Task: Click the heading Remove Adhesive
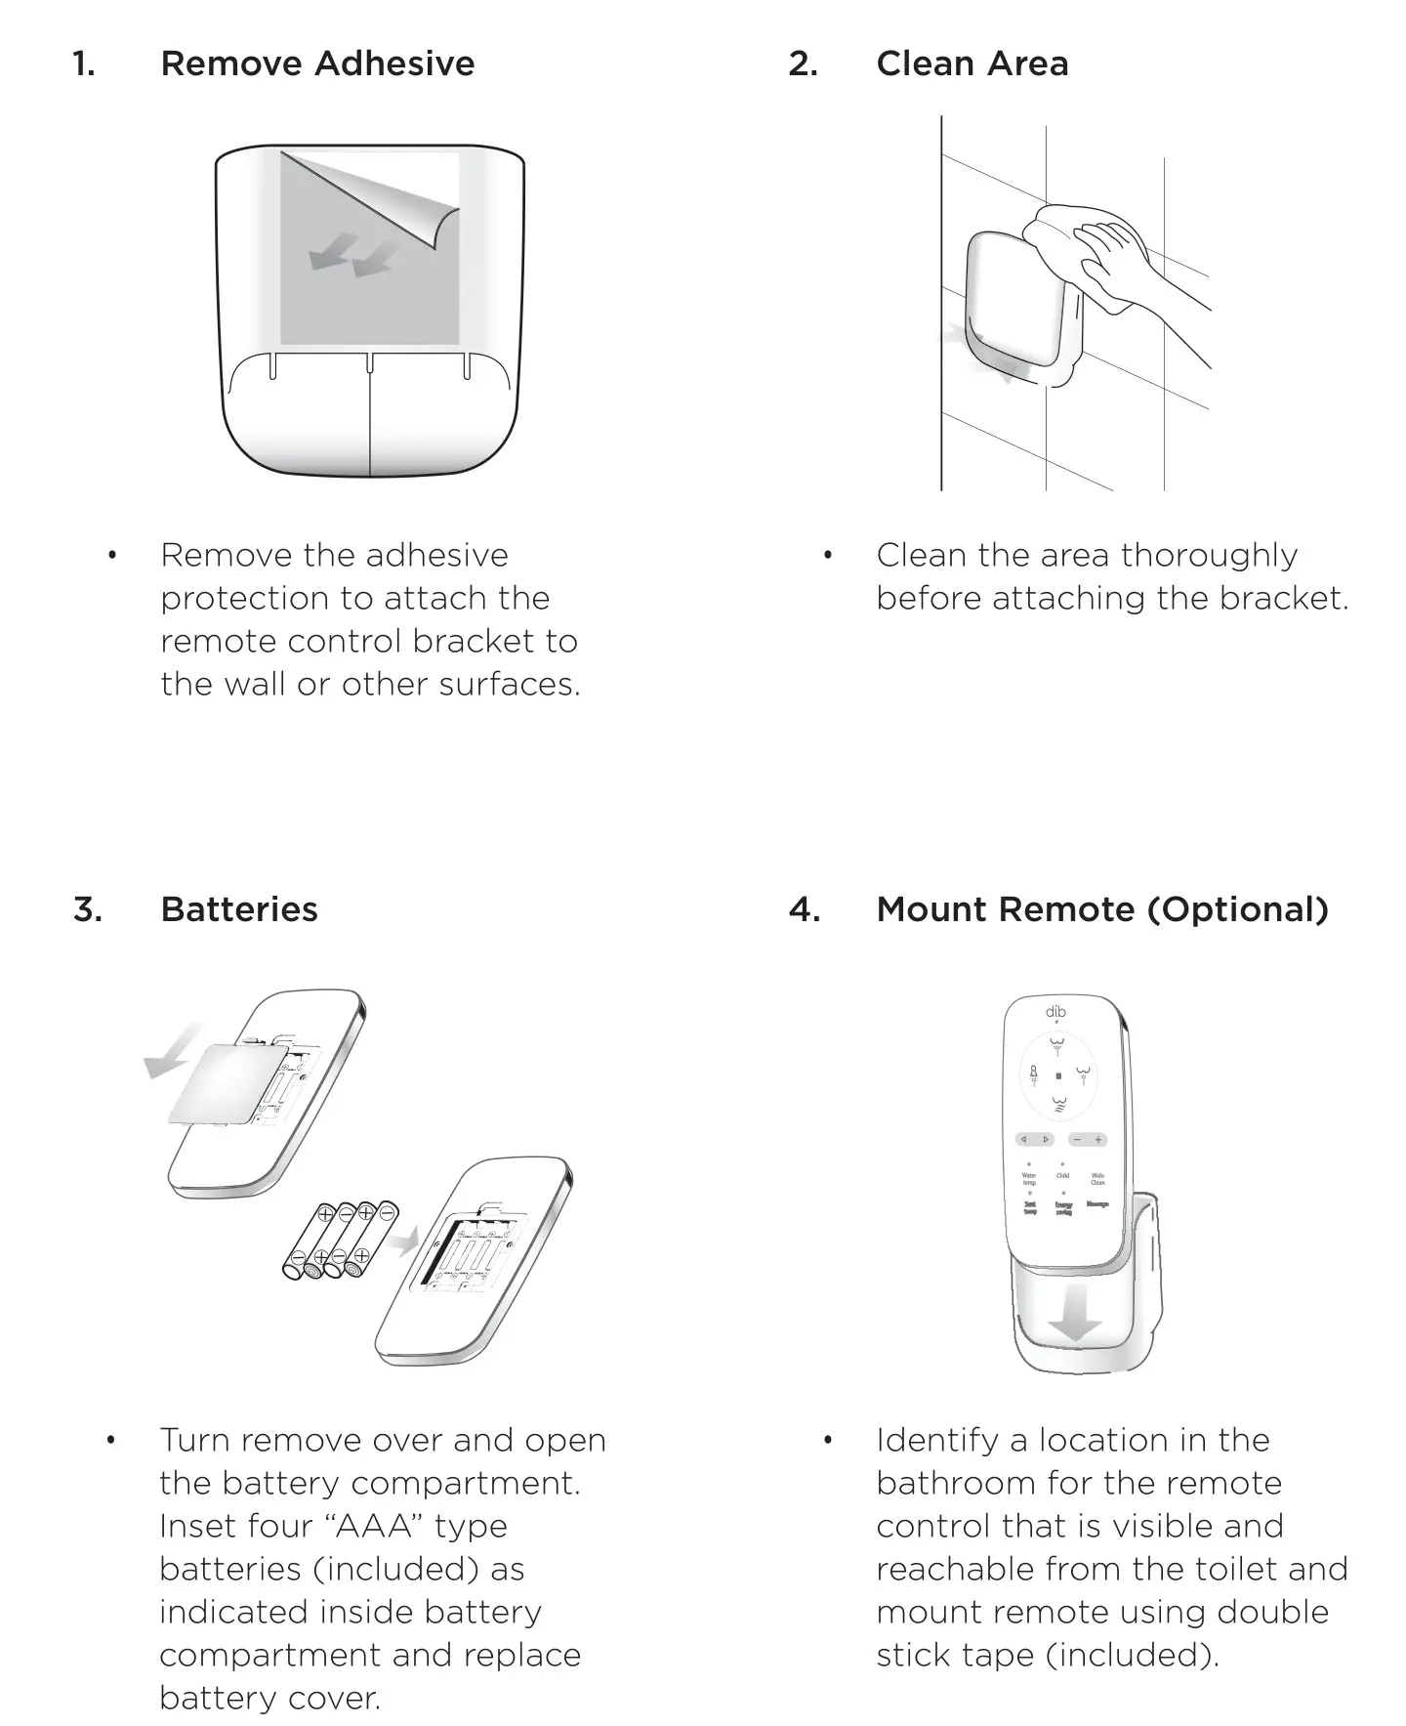(317, 63)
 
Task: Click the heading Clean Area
(972, 63)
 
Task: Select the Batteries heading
(239, 909)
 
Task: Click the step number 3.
(87, 909)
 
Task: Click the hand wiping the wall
(1123, 259)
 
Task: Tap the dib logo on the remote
(1055, 1011)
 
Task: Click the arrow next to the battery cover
(174, 1053)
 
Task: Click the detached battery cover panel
(229, 1084)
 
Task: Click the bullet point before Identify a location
(828, 1441)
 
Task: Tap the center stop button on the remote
(1058, 1075)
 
